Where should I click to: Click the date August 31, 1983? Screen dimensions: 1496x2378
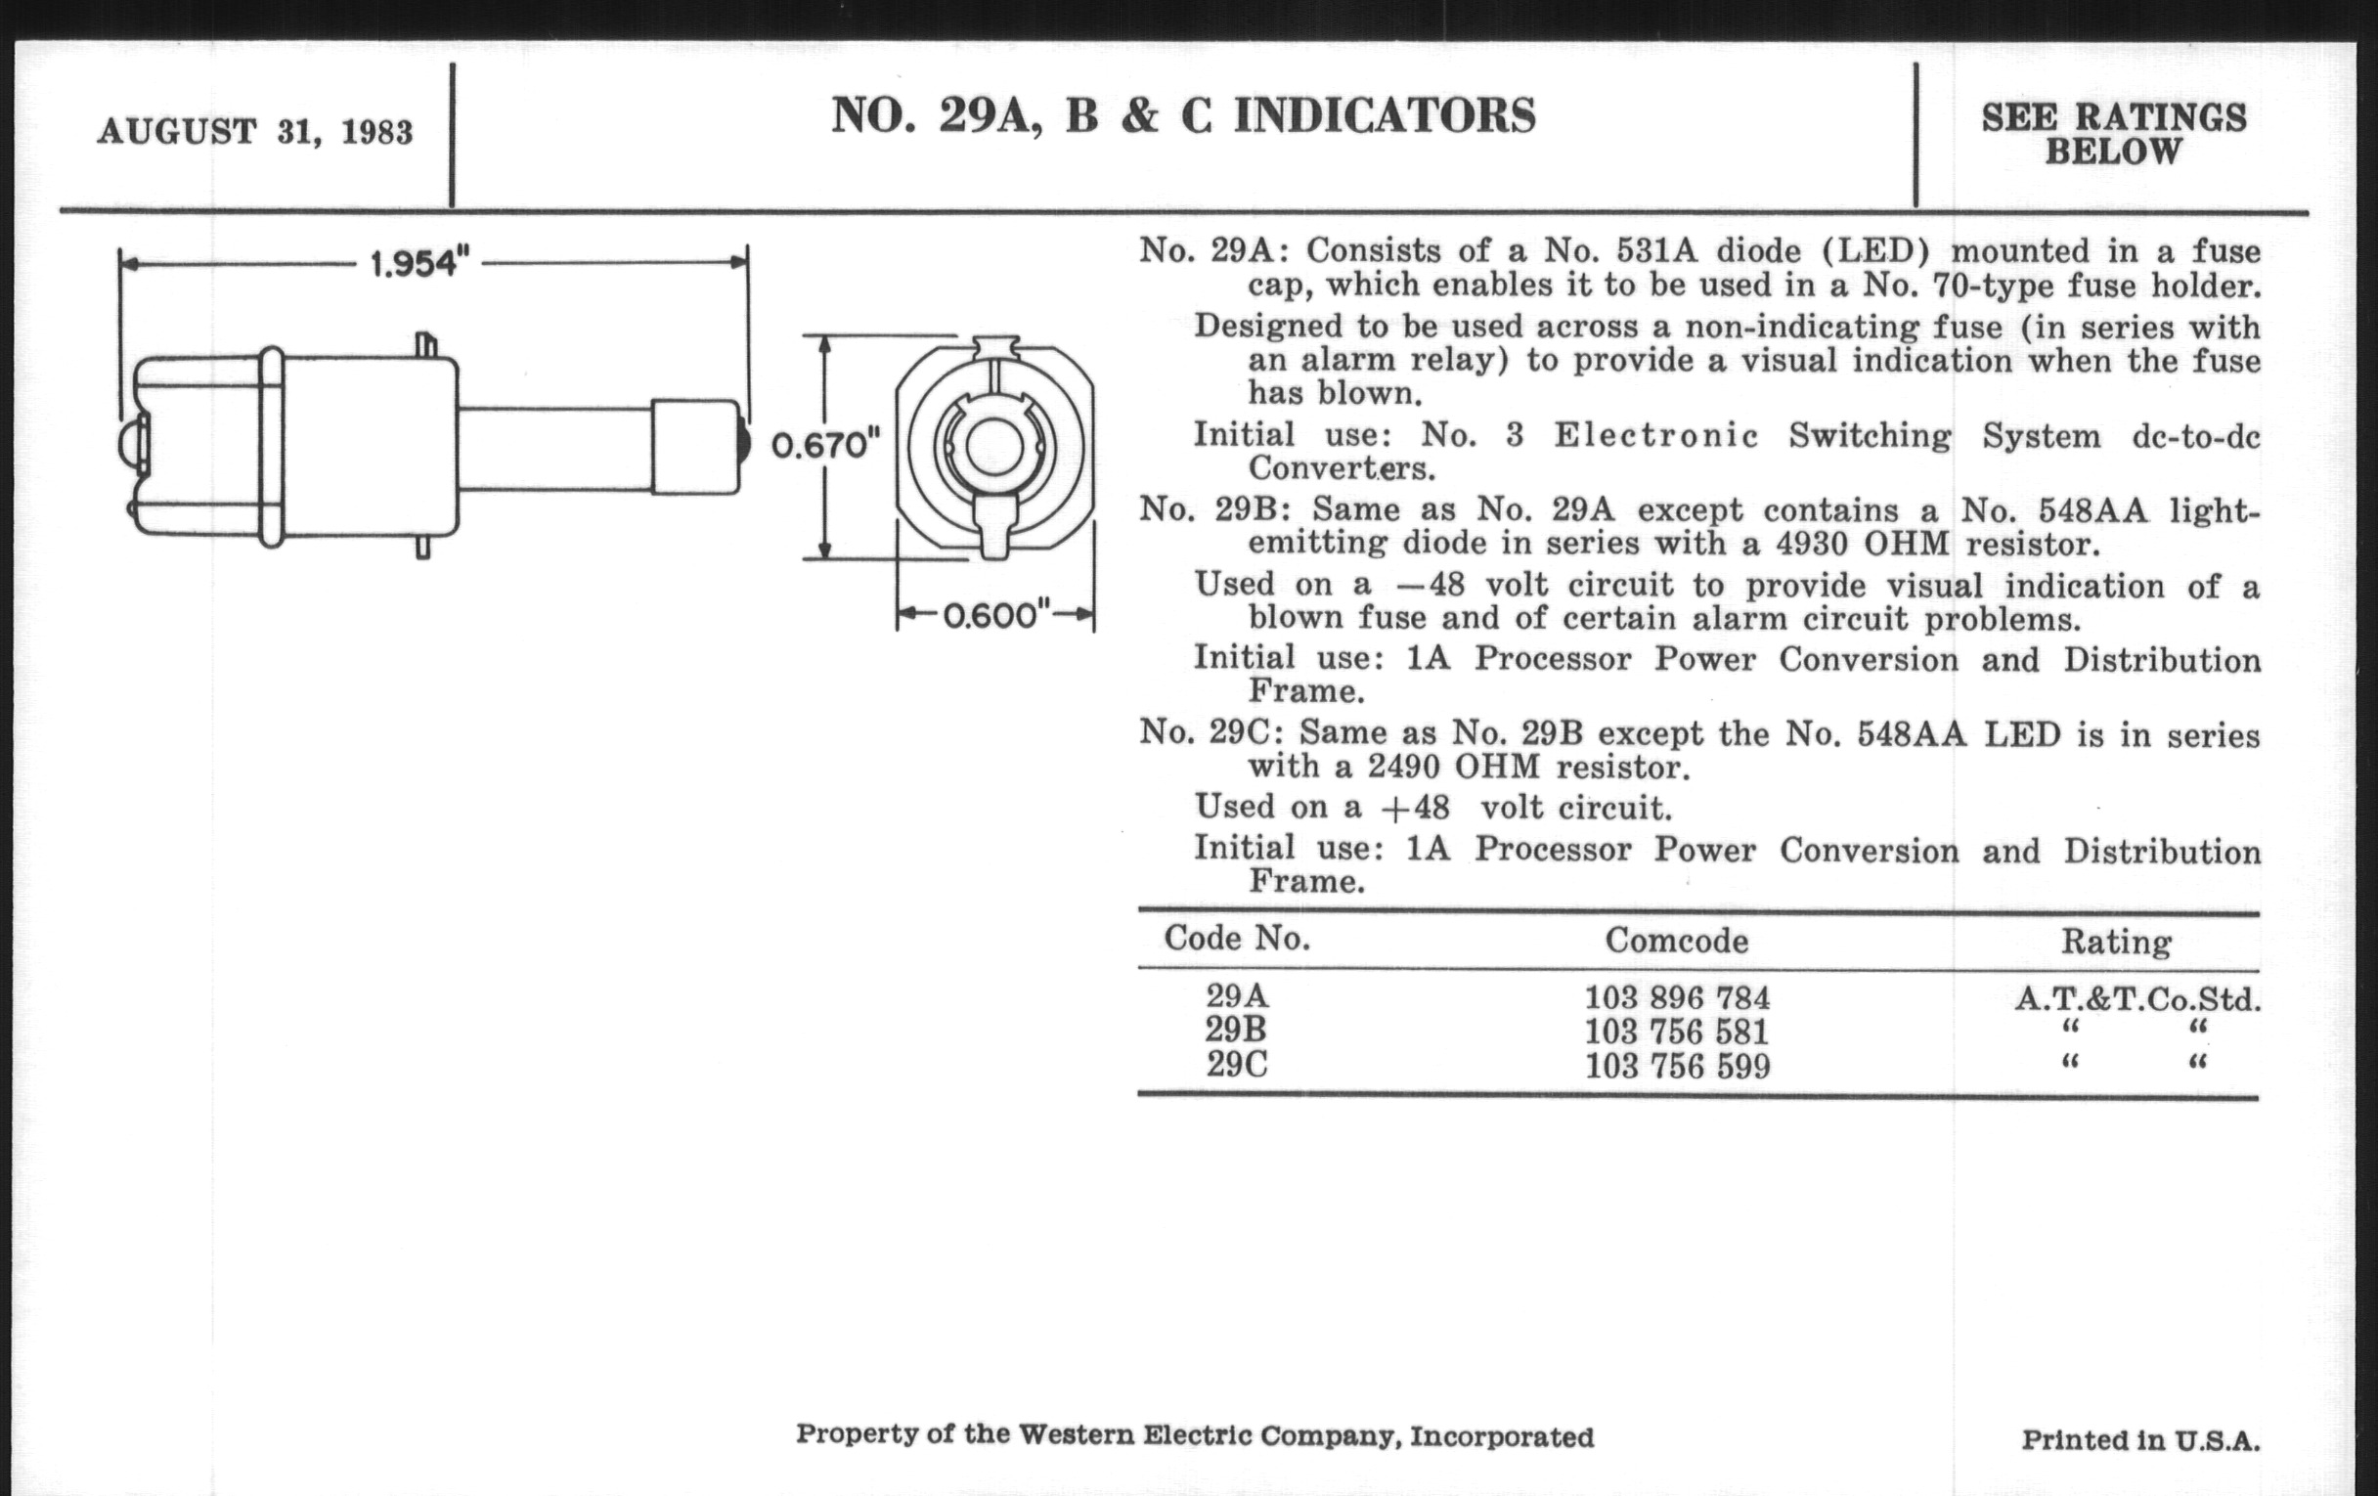(255, 131)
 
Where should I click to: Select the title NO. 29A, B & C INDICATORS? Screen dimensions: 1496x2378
(1183, 115)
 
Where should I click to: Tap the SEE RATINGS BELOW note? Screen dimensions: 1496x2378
(2113, 134)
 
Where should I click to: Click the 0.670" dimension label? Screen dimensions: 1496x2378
(824, 446)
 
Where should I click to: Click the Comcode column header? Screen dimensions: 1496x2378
(1676, 940)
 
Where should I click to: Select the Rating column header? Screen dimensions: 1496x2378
(2115, 942)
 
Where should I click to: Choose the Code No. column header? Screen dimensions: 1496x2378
(1236, 938)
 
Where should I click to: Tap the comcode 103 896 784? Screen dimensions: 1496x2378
(1677, 998)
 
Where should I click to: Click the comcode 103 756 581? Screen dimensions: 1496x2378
(1677, 1032)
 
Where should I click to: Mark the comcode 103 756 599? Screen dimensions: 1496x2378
(1677, 1067)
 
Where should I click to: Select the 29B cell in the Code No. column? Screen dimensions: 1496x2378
(1235, 1030)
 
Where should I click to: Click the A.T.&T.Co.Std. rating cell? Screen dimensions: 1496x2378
(2137, 999)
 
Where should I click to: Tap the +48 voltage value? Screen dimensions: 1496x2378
(1416, 808)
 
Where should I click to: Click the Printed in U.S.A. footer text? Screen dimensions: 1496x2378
(2140, 1440)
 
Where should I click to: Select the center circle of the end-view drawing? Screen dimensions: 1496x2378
(993, 447)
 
